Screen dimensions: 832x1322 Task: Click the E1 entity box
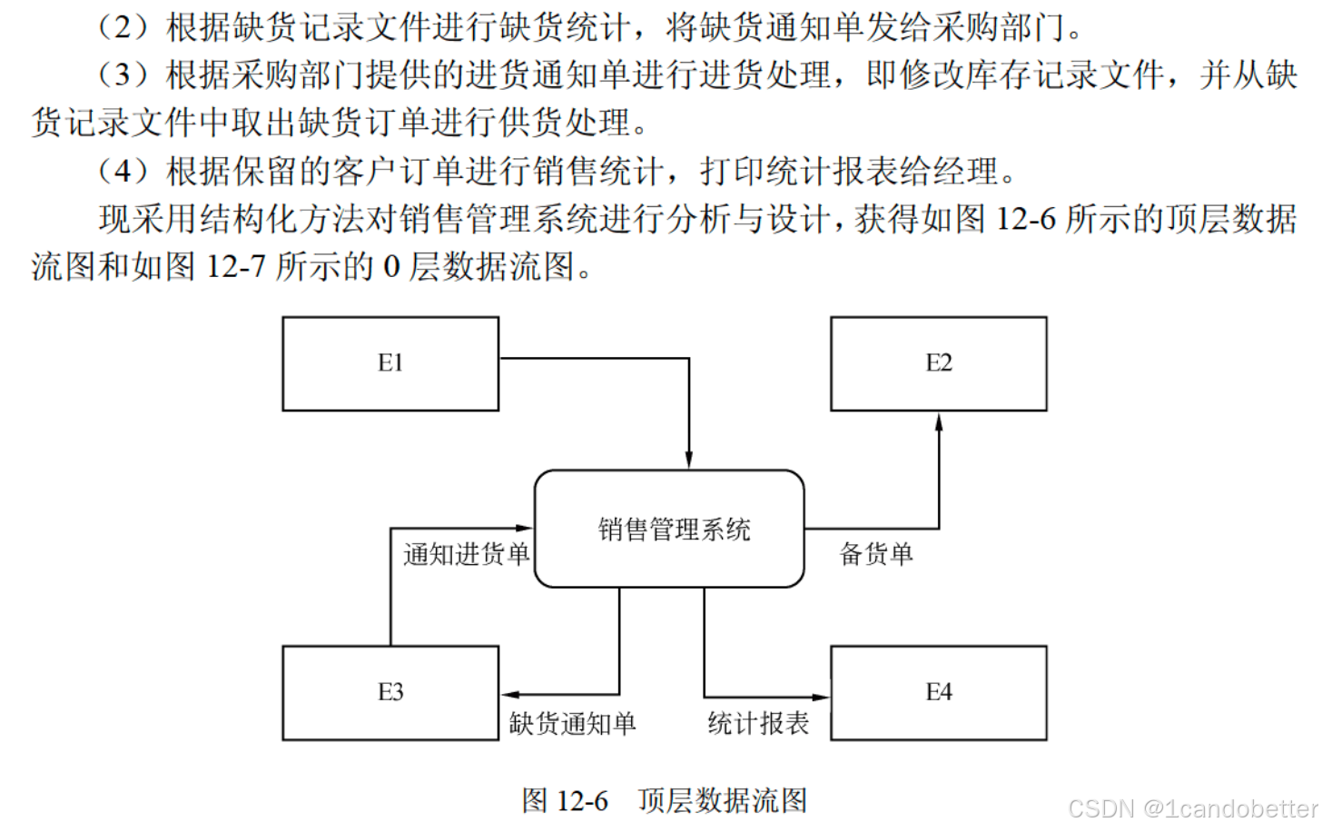(390, 363)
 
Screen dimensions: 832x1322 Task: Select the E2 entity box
(938, 363)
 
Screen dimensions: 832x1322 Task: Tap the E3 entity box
(390, 692)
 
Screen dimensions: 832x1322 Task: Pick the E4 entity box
(938, 692)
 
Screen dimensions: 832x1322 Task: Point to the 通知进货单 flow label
(467, 553)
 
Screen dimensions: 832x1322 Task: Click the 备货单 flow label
(876, 553)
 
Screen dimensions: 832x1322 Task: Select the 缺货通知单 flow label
(572, 723)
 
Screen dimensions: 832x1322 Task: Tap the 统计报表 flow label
(758, 723)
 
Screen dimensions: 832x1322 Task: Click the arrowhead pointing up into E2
(939, 422)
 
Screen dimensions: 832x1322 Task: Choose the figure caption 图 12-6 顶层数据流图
(664, 800)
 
